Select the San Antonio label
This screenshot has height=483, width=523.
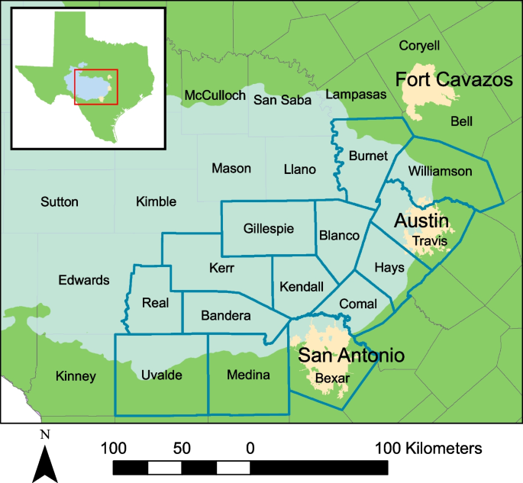pyautogui.click(x=350, y=355)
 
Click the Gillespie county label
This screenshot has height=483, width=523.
pyautogui.click(x=268, y=228)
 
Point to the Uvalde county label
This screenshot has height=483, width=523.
pyautogui.click(x=161, y=375)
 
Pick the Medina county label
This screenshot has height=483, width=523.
pyautogui.click(x=249, y=375)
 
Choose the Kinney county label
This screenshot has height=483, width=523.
pyautogui.click(x=76, y=376)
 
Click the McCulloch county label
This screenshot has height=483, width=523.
pyautogui.click(x=215, y=95)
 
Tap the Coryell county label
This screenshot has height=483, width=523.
pyautogui.click(x=419, y=46)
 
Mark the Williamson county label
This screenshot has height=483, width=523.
pyautogui.click(x=441, y=171)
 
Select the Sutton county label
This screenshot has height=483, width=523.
pyautogui.click(x=59, y=202)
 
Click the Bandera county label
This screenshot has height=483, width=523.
pyautogui.click(x=226, y=315)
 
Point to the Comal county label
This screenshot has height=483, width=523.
pyautogui.click(x=358, y=303)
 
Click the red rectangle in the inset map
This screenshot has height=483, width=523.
pyautogui.click(x=96, y=86)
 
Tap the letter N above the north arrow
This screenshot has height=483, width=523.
pyautogui.click(x=45, y=436)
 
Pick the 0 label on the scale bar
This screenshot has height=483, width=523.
pyautogui.click(x=250, y=448)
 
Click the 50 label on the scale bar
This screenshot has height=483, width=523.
pyautogui.click(x=182, y=448)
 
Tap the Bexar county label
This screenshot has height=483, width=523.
pyautogui.click(x=331, y=378)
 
